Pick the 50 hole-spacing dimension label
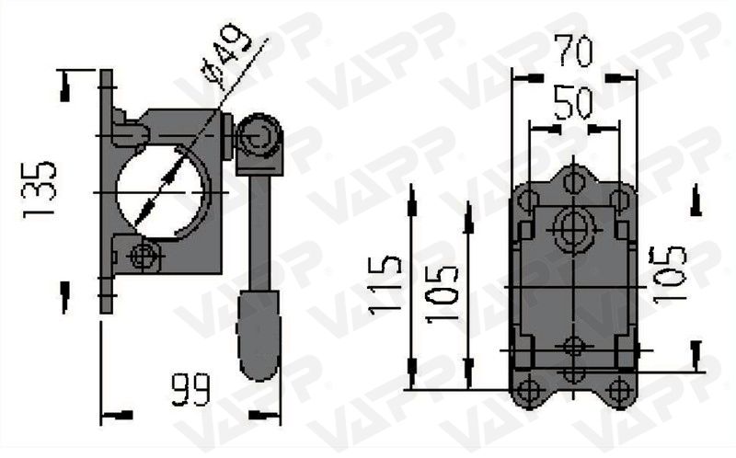572,103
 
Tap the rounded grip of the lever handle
260,335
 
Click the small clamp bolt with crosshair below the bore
143,256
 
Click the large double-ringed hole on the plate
573,228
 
